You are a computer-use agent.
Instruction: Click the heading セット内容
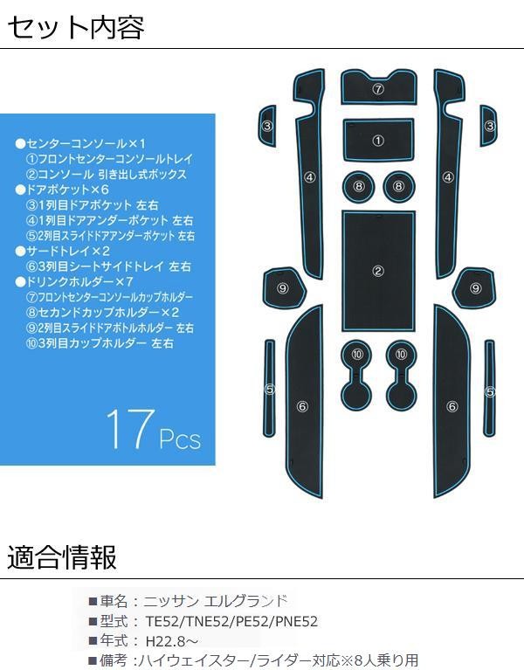click(76, 27)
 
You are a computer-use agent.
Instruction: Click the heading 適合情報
click(62, 557)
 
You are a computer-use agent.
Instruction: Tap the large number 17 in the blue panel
click(130, 429)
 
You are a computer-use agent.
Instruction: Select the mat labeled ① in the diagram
click(378, 140)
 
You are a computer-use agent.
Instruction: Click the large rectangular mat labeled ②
click(378, 271)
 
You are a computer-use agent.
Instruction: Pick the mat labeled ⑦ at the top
click(378, 87)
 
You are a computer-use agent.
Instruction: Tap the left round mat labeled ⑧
click(358, 186)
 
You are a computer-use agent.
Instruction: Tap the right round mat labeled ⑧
click(399, 186)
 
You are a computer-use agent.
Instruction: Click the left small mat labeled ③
click(267, 126)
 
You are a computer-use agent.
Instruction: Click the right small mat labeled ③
click(488, 126)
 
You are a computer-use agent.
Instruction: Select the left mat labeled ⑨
click(284, 288)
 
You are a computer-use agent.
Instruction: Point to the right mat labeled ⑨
click(474, 288)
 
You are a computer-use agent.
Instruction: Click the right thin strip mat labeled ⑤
click(489, 388)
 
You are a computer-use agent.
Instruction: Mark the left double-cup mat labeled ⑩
click(356, 375)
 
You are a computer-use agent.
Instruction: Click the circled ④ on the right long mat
click(448, 176)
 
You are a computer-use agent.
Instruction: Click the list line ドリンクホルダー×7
click(74, 281)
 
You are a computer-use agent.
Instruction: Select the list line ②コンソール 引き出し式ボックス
click(107, 175)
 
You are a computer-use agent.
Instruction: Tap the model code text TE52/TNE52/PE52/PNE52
click(232, 621)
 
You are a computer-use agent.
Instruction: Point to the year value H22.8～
click(172, 641)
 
